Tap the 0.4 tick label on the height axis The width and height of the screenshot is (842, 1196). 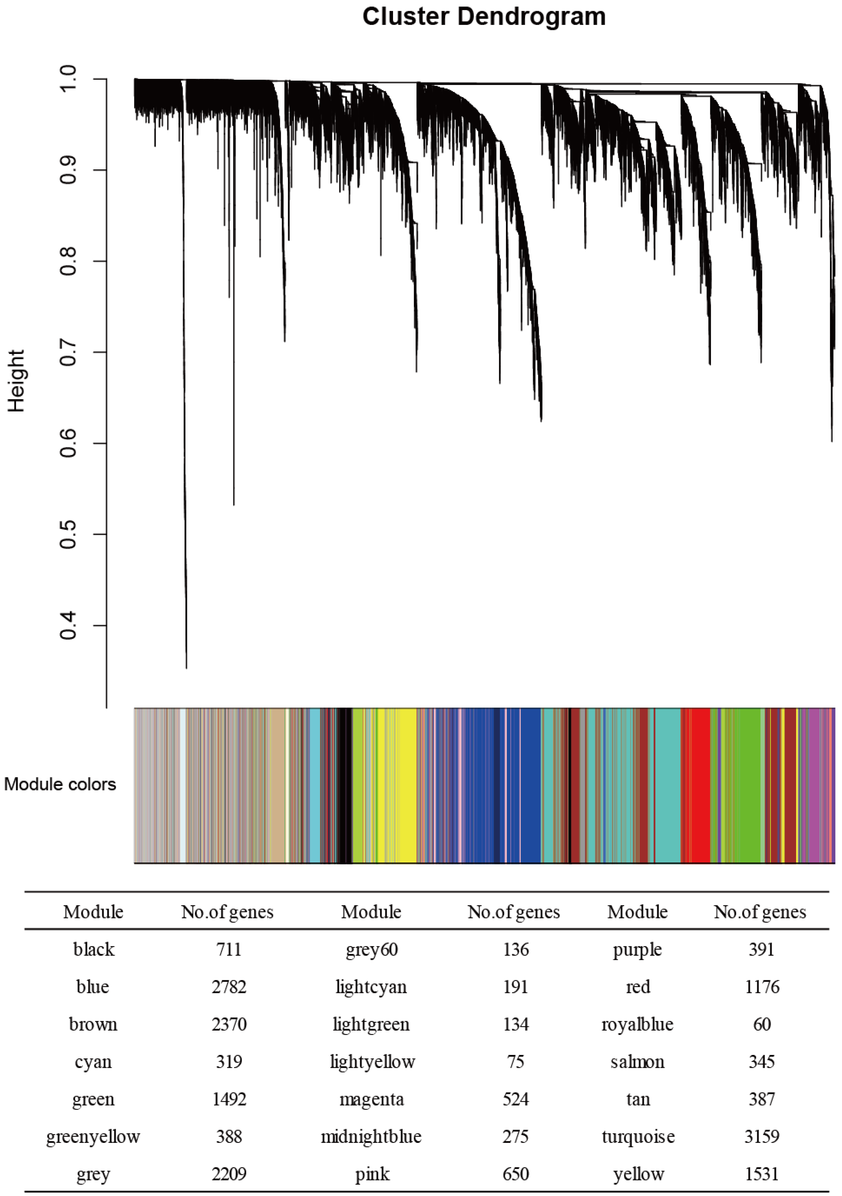pyautogui.click(x=68, y=625)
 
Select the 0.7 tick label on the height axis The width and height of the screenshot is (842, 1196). pyautogui.click(x=68, y=352)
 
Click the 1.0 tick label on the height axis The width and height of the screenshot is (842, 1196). pyautogui.click(x=68, y=79)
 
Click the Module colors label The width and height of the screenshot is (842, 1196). pyautogui.click(x=60, y=785)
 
